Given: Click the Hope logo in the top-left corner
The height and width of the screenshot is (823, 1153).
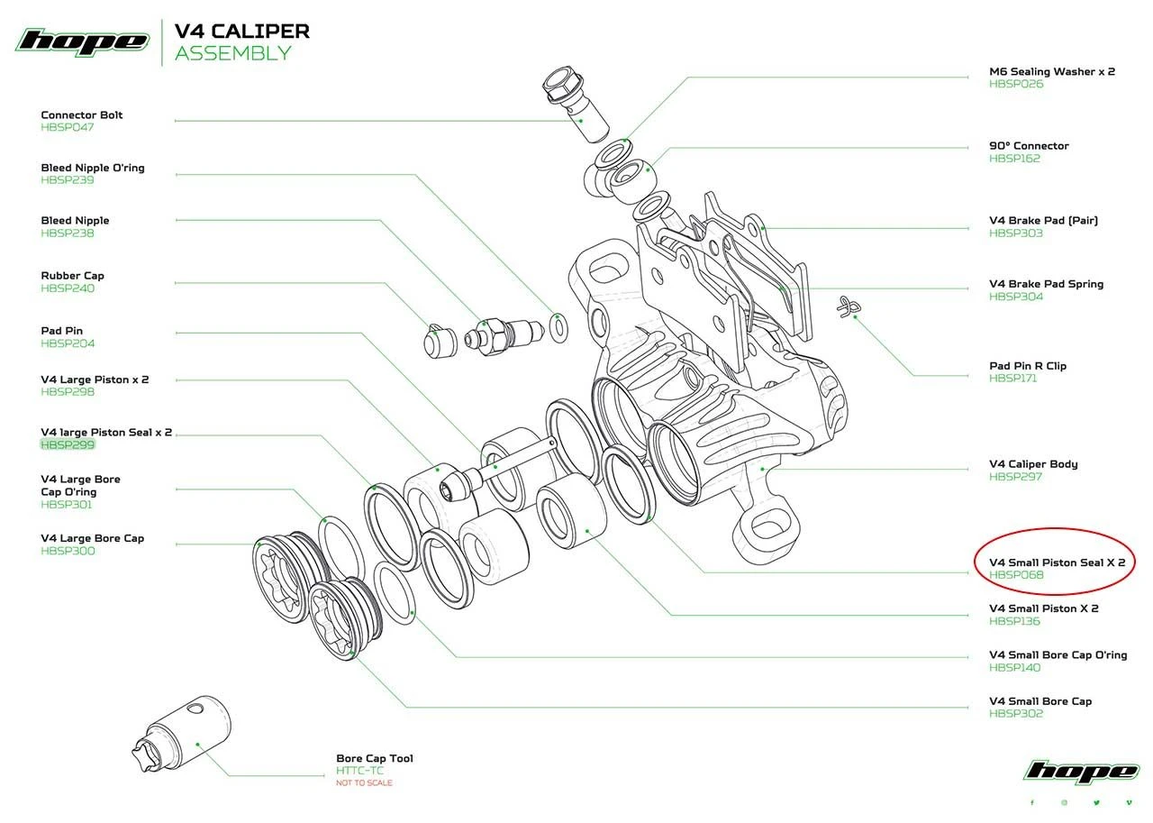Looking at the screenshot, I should [82, 41].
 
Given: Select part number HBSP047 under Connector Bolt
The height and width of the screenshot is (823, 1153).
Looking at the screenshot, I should [67, 127].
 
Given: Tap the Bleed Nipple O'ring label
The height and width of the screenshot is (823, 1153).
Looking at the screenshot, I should [93, 168].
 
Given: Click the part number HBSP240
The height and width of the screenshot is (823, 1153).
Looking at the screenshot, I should [67, 288].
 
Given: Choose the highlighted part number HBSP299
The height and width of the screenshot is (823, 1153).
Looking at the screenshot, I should [68, 445].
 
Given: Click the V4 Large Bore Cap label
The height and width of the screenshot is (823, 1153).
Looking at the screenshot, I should [93, 538].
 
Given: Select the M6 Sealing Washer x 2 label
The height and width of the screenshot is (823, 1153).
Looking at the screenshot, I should [1052, 71].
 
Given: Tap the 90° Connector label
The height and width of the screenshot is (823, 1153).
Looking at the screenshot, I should [1029, 145].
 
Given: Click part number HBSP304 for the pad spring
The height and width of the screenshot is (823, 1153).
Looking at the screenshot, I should [1015, 297].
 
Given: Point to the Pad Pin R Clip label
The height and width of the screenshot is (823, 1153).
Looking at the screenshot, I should [1028, 366].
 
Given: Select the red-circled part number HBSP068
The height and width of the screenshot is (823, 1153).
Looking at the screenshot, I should [1016, 575].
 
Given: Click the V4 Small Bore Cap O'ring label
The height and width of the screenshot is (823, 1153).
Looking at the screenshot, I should [1058, 655].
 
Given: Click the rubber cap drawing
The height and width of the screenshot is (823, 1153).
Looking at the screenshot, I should [437, 339].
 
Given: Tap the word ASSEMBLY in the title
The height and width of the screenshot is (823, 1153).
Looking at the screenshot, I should [232, 53].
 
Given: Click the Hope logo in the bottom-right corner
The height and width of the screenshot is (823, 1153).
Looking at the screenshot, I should [1081, 773].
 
